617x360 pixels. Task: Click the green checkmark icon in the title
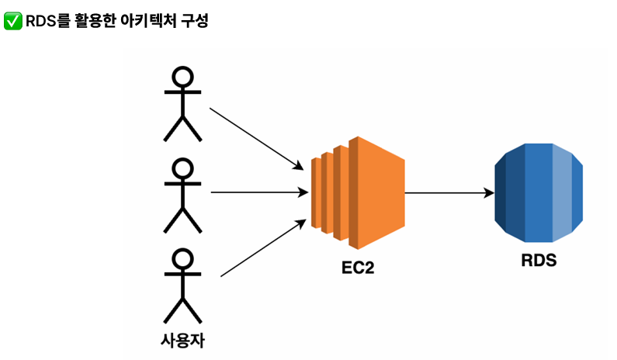pyautogui.click(x=12, y=21)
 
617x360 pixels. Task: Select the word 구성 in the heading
pyautogui.click(x=195, y=21)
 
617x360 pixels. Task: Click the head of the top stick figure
pyautogui.click(x=182, y=78)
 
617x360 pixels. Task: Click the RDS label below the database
pyautogui.click(x=539, y=261)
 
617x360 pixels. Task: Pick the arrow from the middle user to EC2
pyautogui.click(x=256, y=192)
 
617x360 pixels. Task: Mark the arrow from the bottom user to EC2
pyautogui.click(x=261, y=248)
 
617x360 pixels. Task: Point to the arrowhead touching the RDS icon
pyautogui.click(x=489, y=192)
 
